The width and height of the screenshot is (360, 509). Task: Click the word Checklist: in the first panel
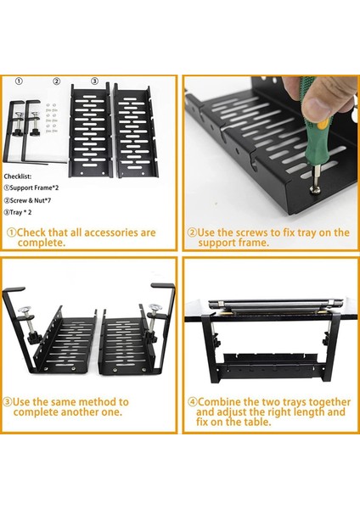[18, 176]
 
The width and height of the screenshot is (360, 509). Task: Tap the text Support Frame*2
[31, 187]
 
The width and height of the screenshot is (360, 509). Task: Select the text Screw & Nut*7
[28, 200]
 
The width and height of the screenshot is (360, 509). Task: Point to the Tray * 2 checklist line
[18, 213]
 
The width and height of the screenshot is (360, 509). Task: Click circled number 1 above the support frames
[20, 81]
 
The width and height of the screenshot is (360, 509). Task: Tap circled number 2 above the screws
[57, 81]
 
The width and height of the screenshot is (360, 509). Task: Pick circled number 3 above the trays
[94, 81]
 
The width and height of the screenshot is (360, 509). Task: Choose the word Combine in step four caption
[219, 402]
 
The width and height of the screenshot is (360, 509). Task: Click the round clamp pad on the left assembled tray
[25, 310]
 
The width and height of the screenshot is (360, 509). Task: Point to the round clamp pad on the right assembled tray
[155, 307]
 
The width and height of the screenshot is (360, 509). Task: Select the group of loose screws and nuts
[51, 118]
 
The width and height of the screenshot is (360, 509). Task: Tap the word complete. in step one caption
[42, 243]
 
